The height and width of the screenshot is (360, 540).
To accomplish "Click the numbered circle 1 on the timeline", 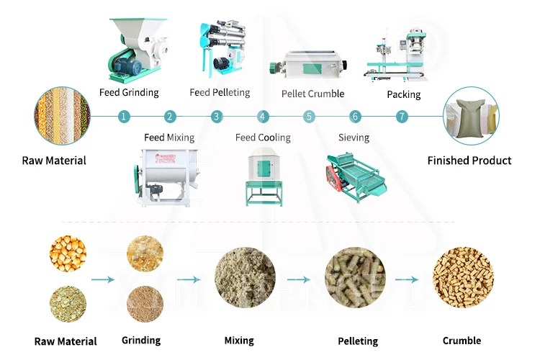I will [124, 116].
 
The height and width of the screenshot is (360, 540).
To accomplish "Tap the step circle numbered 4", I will [263, 116].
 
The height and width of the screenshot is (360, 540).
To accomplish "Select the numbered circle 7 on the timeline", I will [402, 116].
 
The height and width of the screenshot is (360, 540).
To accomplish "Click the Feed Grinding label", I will [129, 92].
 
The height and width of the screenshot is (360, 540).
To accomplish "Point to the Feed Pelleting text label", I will [220, 92].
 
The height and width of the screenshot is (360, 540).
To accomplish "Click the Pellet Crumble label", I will [312, 94].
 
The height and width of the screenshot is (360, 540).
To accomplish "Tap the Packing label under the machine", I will [403, 94].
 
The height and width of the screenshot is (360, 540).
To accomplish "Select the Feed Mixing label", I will [169, 137].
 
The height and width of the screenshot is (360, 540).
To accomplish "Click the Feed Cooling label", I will [263, 137].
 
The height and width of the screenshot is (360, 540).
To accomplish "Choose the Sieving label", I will [354, 137].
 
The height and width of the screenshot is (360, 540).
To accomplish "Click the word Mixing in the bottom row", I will [239, 341].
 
